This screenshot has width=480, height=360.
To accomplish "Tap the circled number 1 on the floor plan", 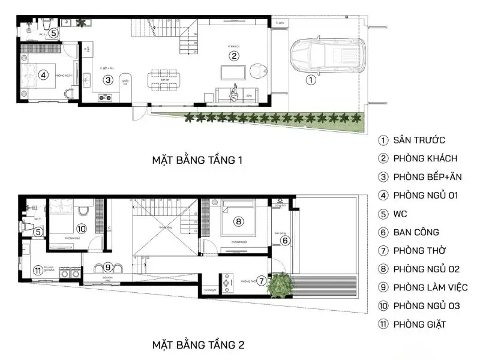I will tap(310, 79).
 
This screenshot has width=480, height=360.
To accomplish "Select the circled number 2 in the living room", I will tap(234, 56).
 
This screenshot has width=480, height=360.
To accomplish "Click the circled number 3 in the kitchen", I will tap(107, 79).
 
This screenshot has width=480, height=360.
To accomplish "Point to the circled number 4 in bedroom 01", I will tap(43, 75).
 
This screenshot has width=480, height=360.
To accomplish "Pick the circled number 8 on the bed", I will tap(238, 221).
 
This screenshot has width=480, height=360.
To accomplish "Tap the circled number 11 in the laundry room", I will tap(37, 270).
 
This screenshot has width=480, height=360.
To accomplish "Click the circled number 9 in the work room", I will tap(107, 267).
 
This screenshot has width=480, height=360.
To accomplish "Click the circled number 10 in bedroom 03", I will tap(82, 228).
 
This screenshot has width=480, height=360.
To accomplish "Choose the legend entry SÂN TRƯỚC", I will tap(419, 140).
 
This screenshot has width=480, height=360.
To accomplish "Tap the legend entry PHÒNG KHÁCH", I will tap(425, 159).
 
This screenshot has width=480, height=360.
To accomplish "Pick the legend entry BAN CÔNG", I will tap(416, 232).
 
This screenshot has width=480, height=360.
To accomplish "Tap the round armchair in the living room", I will tap(257, 70).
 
